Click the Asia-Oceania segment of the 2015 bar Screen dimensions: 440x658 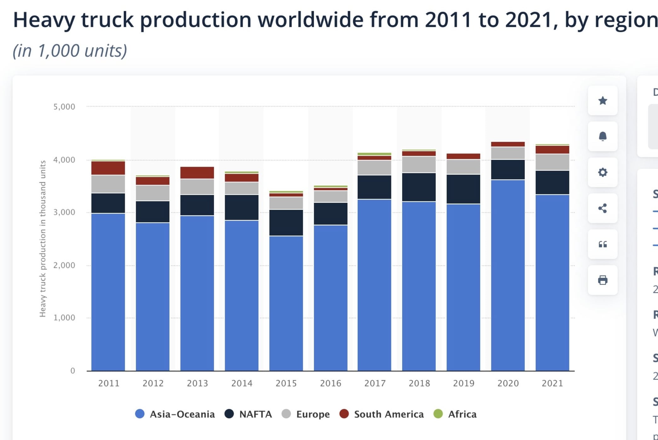pyautogui.click(x=286, y=303)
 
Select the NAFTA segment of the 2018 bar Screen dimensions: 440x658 pyautogui.click(x=419, y=187)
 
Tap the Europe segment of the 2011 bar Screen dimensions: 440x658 pyautogui.click(x=108, y=184)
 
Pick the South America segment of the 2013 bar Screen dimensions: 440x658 pyautogui.click(x=197, y=173)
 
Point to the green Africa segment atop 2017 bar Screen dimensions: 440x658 pyautogui.click(x=374, y=154)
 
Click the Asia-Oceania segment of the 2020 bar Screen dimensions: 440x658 pyautogui.click(x=508, y=274)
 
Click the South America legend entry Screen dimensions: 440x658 pyautogui.click(x=382, y=414)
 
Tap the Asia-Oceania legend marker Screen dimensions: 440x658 pyautogui.click(x=140, y=414)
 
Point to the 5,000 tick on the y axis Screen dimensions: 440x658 pyautogui.click(x=64, y=107)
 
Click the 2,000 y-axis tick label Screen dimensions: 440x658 pyautogui.click(x=64, y=265)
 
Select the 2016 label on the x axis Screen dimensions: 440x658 pyautogui.click(x=331, y=383)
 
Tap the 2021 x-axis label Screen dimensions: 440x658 pyautogui.click(x=552, y=383)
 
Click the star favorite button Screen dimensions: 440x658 pyautogui.click(x=603, y=101)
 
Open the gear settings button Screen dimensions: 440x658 pyautogui.click(x=603, y=172)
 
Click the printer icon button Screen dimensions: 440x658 pyautogui.click(x=603, y=280)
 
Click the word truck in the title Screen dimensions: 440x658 pyautogui.click(x=107, y=20)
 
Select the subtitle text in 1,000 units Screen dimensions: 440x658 pyautogui.click(x=70, y=50)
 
